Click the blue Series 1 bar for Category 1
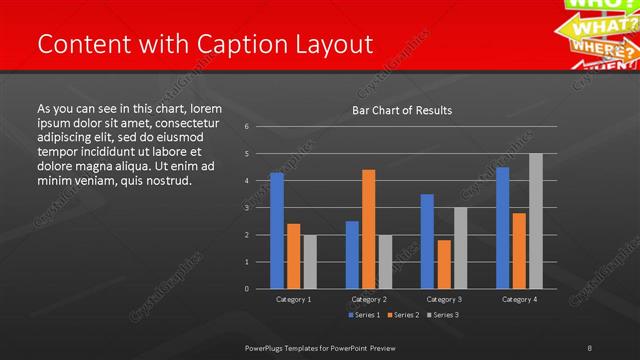tap(276, 230)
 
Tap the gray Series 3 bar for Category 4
tap(536, 221)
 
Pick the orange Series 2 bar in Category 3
tap(444, 264)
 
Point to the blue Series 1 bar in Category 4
tap(502, 228)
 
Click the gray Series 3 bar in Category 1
tap(310, 262)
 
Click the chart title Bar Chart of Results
tap(401, 110)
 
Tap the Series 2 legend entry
tap(402, 315)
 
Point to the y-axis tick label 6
tap(246, 127)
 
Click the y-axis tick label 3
tap(246, 208)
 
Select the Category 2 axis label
tap(368, 299)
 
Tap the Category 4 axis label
tap(518, 299)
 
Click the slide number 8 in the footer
tap(590, 347)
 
